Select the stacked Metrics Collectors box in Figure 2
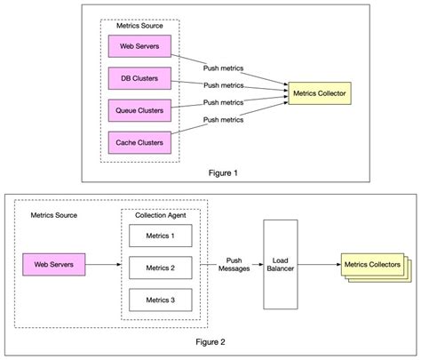coord(370,266)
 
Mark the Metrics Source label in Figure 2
coord(54,215)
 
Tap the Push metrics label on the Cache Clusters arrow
coord(222,118)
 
